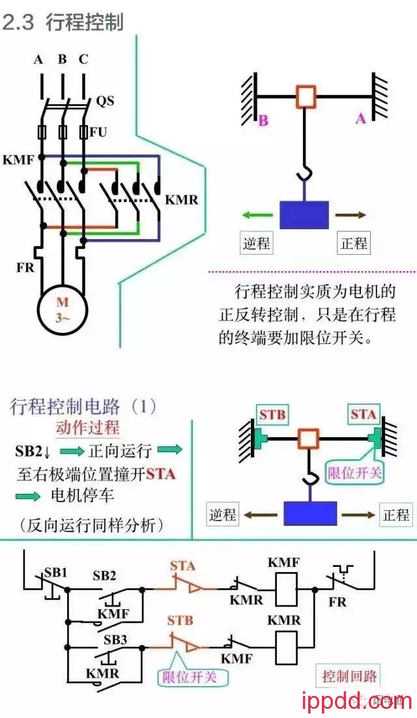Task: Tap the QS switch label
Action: [105, 101]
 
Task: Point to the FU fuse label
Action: [98, 132]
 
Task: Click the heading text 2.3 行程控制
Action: [63, 22]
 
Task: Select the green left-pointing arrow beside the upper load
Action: [255, 215]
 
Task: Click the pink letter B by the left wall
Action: [263, 121]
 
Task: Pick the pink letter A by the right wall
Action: [360, 119]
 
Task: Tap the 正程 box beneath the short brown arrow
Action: [354, 244]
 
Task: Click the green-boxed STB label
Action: [272, 415]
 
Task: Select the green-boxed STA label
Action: [363, 414]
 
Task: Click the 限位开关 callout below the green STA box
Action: [354, 473]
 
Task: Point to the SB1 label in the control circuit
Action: [55, 573]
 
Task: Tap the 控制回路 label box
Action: [349, 676]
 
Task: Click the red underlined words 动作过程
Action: [87, 428]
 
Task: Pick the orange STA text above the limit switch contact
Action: [182, 565]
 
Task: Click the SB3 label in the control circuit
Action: [115, 639]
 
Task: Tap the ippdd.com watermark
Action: [357, 701]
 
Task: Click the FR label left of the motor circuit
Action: [25, 267]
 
